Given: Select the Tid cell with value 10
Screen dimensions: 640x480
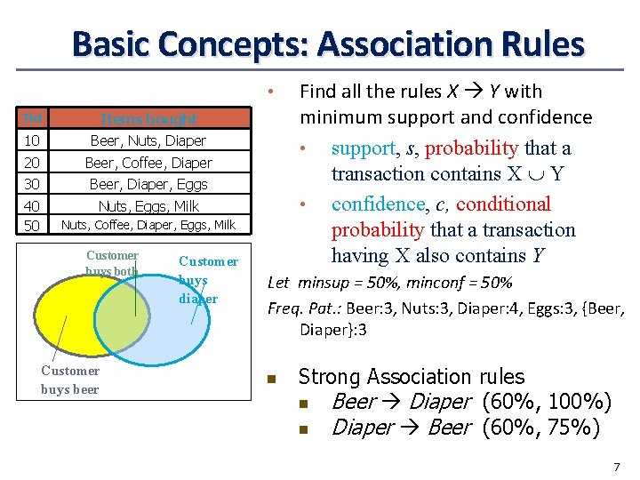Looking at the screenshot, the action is coord(32,141).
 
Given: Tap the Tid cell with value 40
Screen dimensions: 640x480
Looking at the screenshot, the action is coord(32,206).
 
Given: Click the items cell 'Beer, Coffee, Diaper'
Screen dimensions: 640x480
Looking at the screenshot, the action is coord(148,163).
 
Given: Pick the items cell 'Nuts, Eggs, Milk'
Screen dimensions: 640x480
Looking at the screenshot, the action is coord(148,206).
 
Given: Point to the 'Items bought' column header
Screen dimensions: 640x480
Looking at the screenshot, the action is coord(148,119).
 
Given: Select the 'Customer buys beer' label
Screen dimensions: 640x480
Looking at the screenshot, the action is coord(70,380).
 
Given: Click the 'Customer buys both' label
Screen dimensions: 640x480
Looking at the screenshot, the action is coord(112,263).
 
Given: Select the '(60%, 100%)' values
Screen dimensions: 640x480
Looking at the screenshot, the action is coord(546,403).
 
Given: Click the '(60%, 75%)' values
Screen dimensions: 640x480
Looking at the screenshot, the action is coord(540,428).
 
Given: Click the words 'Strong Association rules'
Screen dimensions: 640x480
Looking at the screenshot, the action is coord(412,377).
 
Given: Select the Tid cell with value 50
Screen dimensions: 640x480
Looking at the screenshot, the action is coord(32,226).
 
